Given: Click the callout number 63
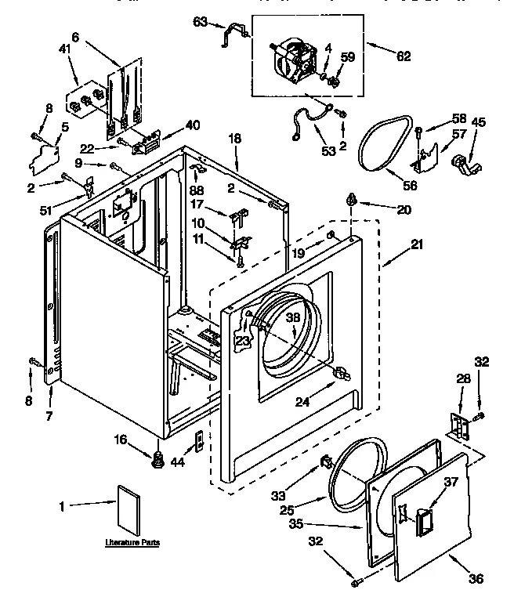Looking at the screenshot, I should point(198,23).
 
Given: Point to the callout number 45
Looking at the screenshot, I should point(477,121).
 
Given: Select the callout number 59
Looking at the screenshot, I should point(348,56).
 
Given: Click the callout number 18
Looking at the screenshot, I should point(234,138).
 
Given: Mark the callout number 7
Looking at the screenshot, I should point(49,415).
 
